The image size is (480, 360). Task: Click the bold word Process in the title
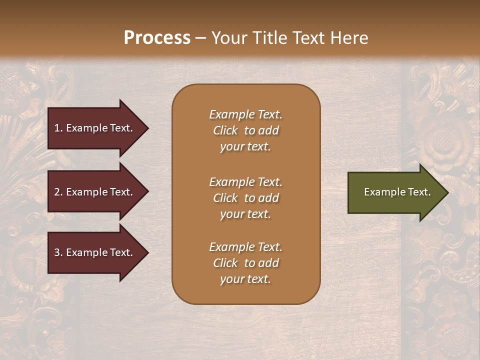pos(157,38)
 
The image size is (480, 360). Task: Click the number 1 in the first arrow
pos(57,128)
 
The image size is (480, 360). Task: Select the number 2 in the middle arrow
pos(57,192)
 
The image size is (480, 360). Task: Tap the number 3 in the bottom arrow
pos(57,252)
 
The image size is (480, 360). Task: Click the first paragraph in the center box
pos(245,130)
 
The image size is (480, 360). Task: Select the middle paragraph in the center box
pos(245,198)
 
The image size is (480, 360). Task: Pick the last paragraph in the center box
pos(245,263)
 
